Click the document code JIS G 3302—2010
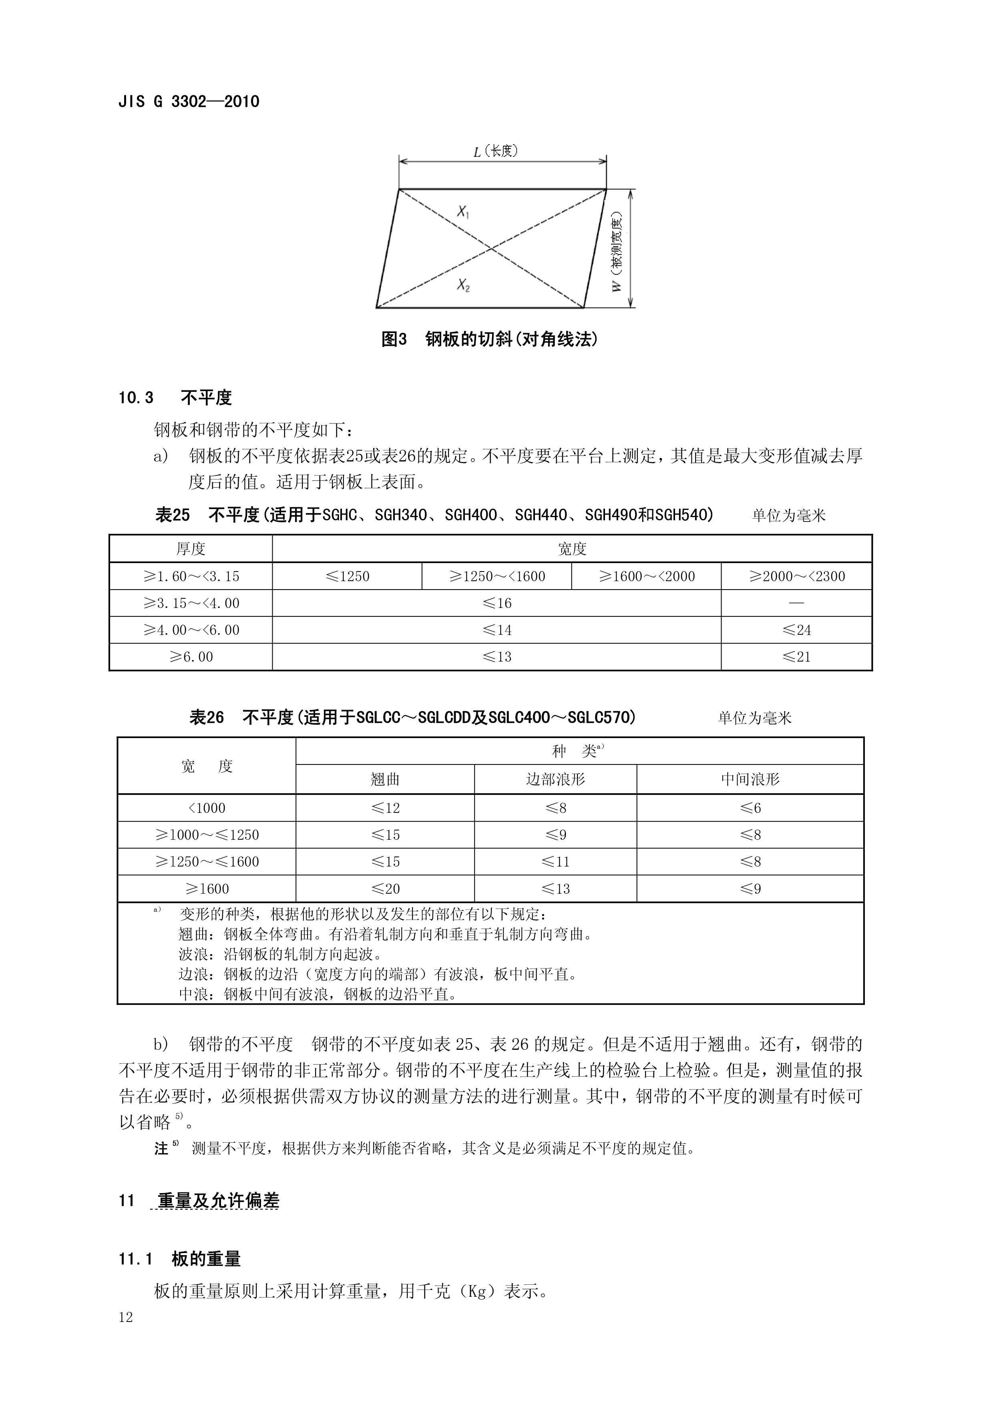click(189, 102)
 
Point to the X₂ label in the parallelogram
click(463, 285)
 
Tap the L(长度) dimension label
click(496, 151)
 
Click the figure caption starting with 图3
click(489, 339)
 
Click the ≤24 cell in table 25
click(797, 630)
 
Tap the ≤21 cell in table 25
click(797, 657)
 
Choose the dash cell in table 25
click(797, 603)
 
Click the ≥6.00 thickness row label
click(191, 657)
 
